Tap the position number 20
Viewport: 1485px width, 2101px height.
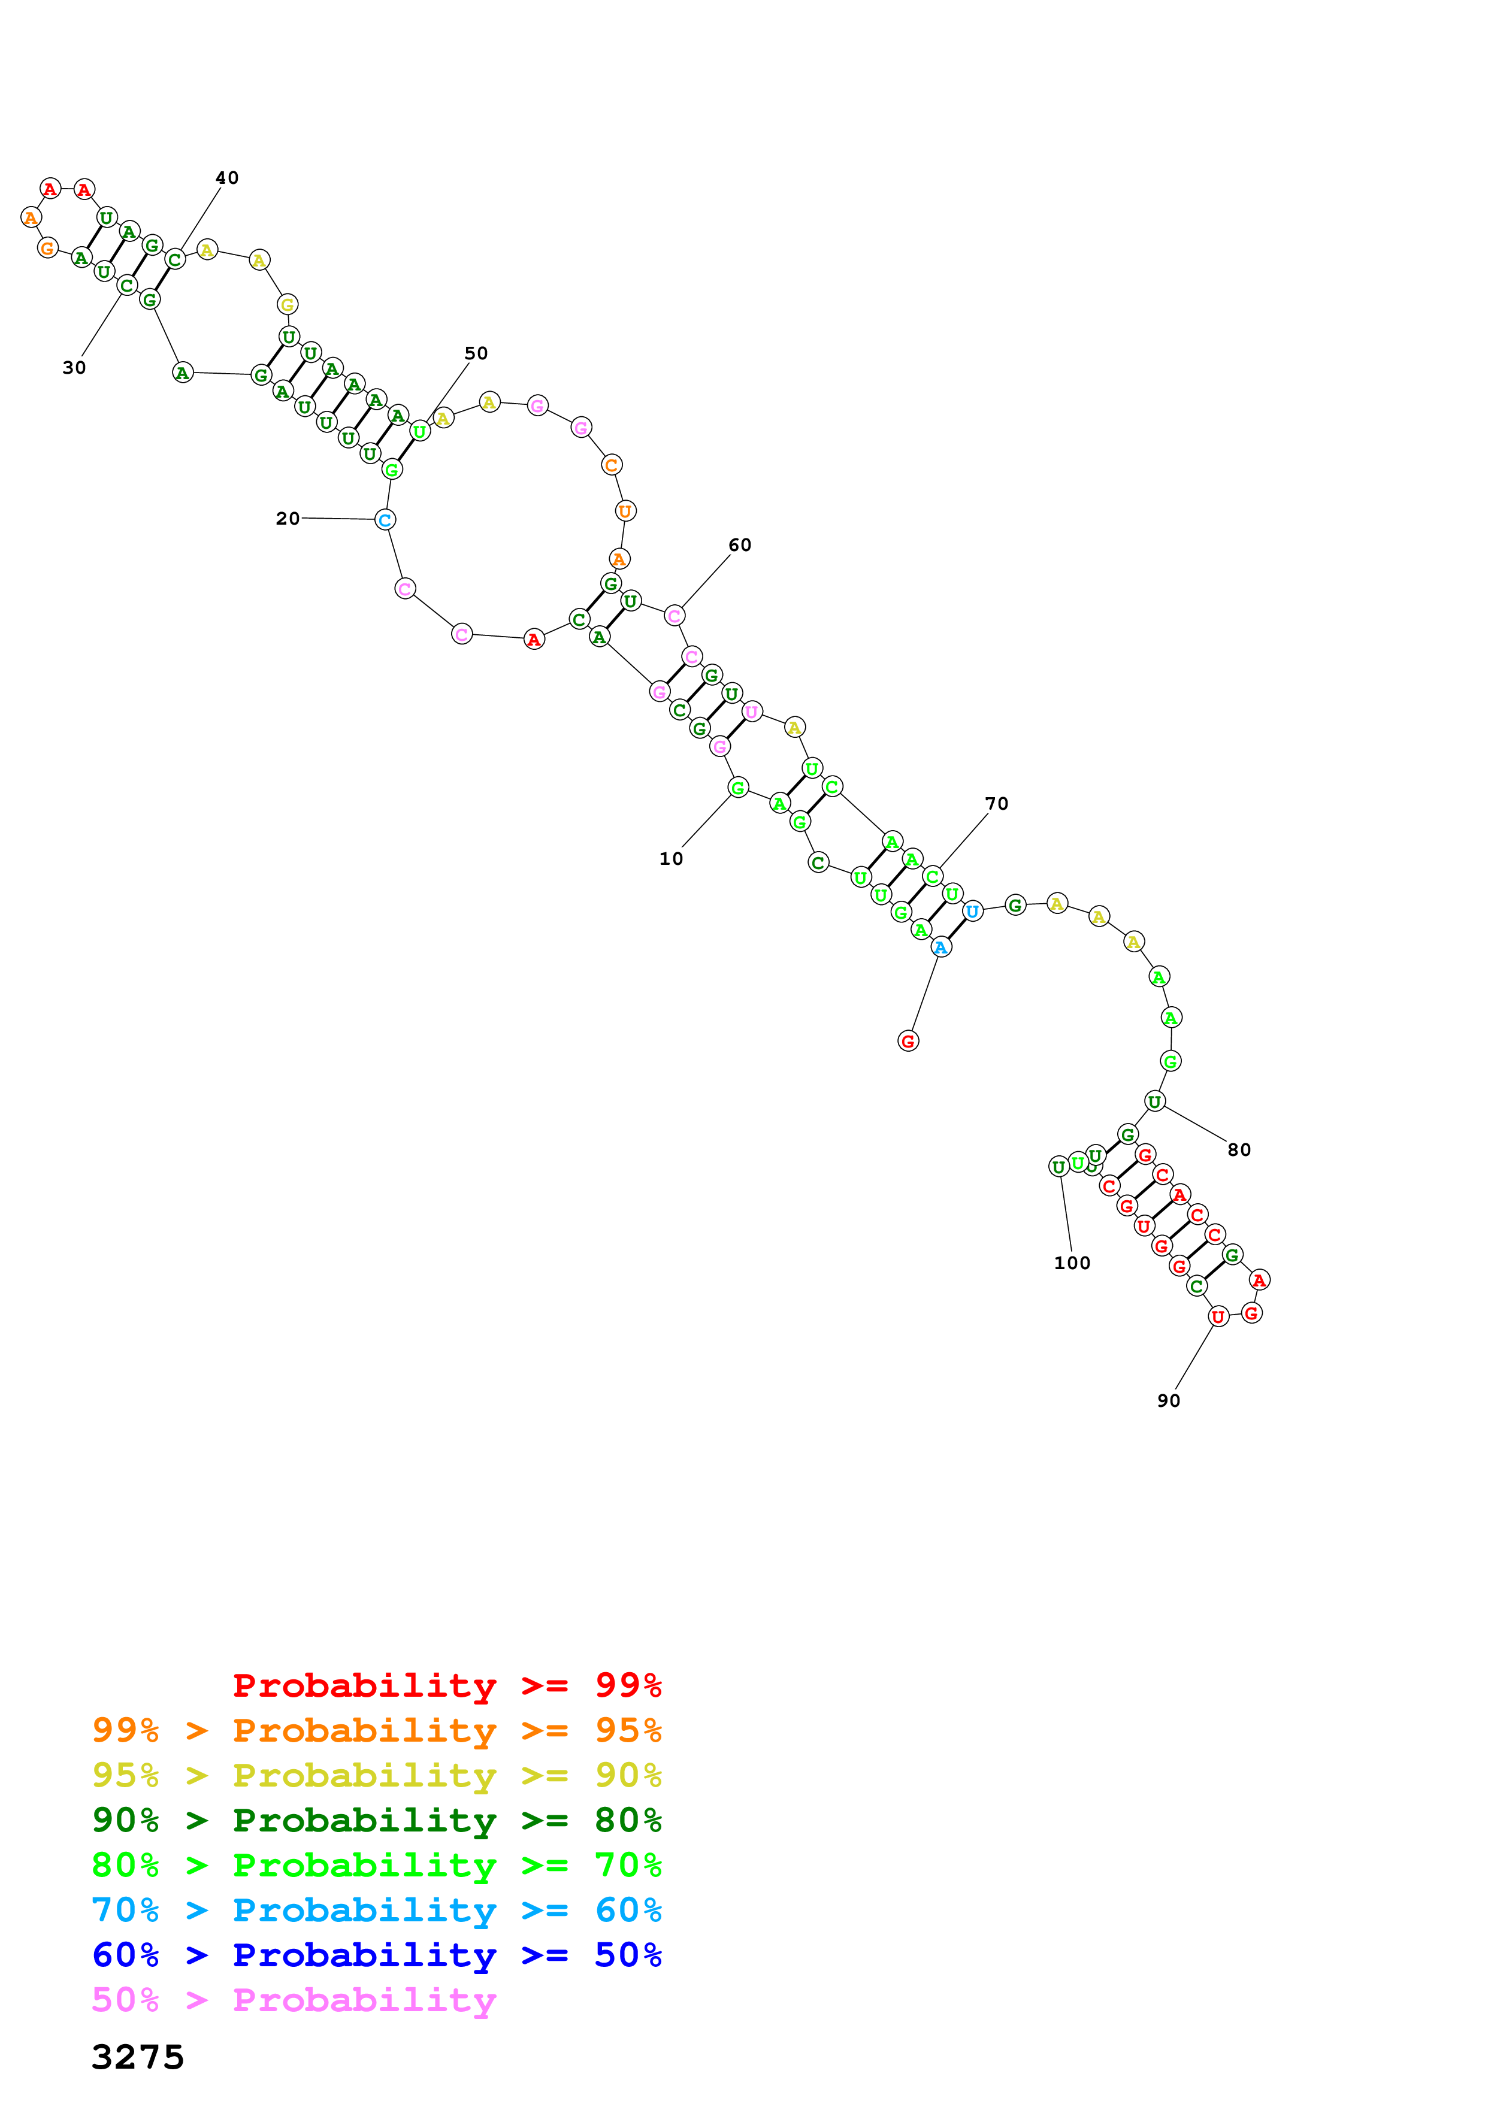(288, 518)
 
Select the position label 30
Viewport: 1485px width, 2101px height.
(74, 367)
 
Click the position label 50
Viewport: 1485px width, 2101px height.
(476, 353)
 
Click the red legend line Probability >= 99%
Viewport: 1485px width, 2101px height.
(446, 1685)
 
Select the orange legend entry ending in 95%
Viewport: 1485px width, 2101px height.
(376, 1730)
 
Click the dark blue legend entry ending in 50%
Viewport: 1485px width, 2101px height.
(376, 1955)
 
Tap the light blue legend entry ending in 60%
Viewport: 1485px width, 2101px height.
(376, 1910)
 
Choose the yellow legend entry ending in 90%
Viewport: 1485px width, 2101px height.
(376, 1775)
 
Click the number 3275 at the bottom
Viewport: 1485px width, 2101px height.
(138, 2057)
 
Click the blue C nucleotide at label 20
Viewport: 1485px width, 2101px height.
(385, 520)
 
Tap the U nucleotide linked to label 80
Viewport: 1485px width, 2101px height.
(1155, 1102)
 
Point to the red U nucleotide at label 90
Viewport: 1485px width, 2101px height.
(1218, 1317)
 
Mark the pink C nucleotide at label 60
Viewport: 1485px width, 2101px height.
(675, 616)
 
